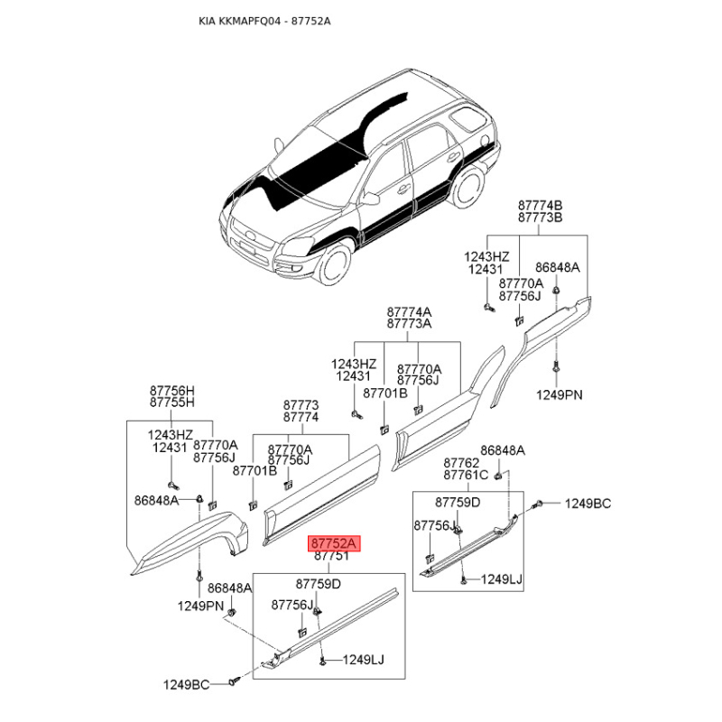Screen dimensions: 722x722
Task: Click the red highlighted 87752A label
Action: [334, 543]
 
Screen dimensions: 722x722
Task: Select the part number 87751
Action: [331, 556]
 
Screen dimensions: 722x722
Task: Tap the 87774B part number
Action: [540, 205]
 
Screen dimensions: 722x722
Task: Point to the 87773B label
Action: [540, 218]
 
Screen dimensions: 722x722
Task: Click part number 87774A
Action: [409, 311]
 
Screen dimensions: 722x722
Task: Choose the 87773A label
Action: [409, 324]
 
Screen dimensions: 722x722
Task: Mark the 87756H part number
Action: [172, 391]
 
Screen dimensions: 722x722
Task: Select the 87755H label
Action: [172, 403]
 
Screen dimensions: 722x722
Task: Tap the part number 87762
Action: [461, 463]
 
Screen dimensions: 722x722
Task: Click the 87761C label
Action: [466, 475]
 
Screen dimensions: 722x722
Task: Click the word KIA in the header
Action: [208, 21]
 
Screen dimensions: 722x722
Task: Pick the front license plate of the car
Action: [247, 249]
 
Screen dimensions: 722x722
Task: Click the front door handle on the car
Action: [403, 188]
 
